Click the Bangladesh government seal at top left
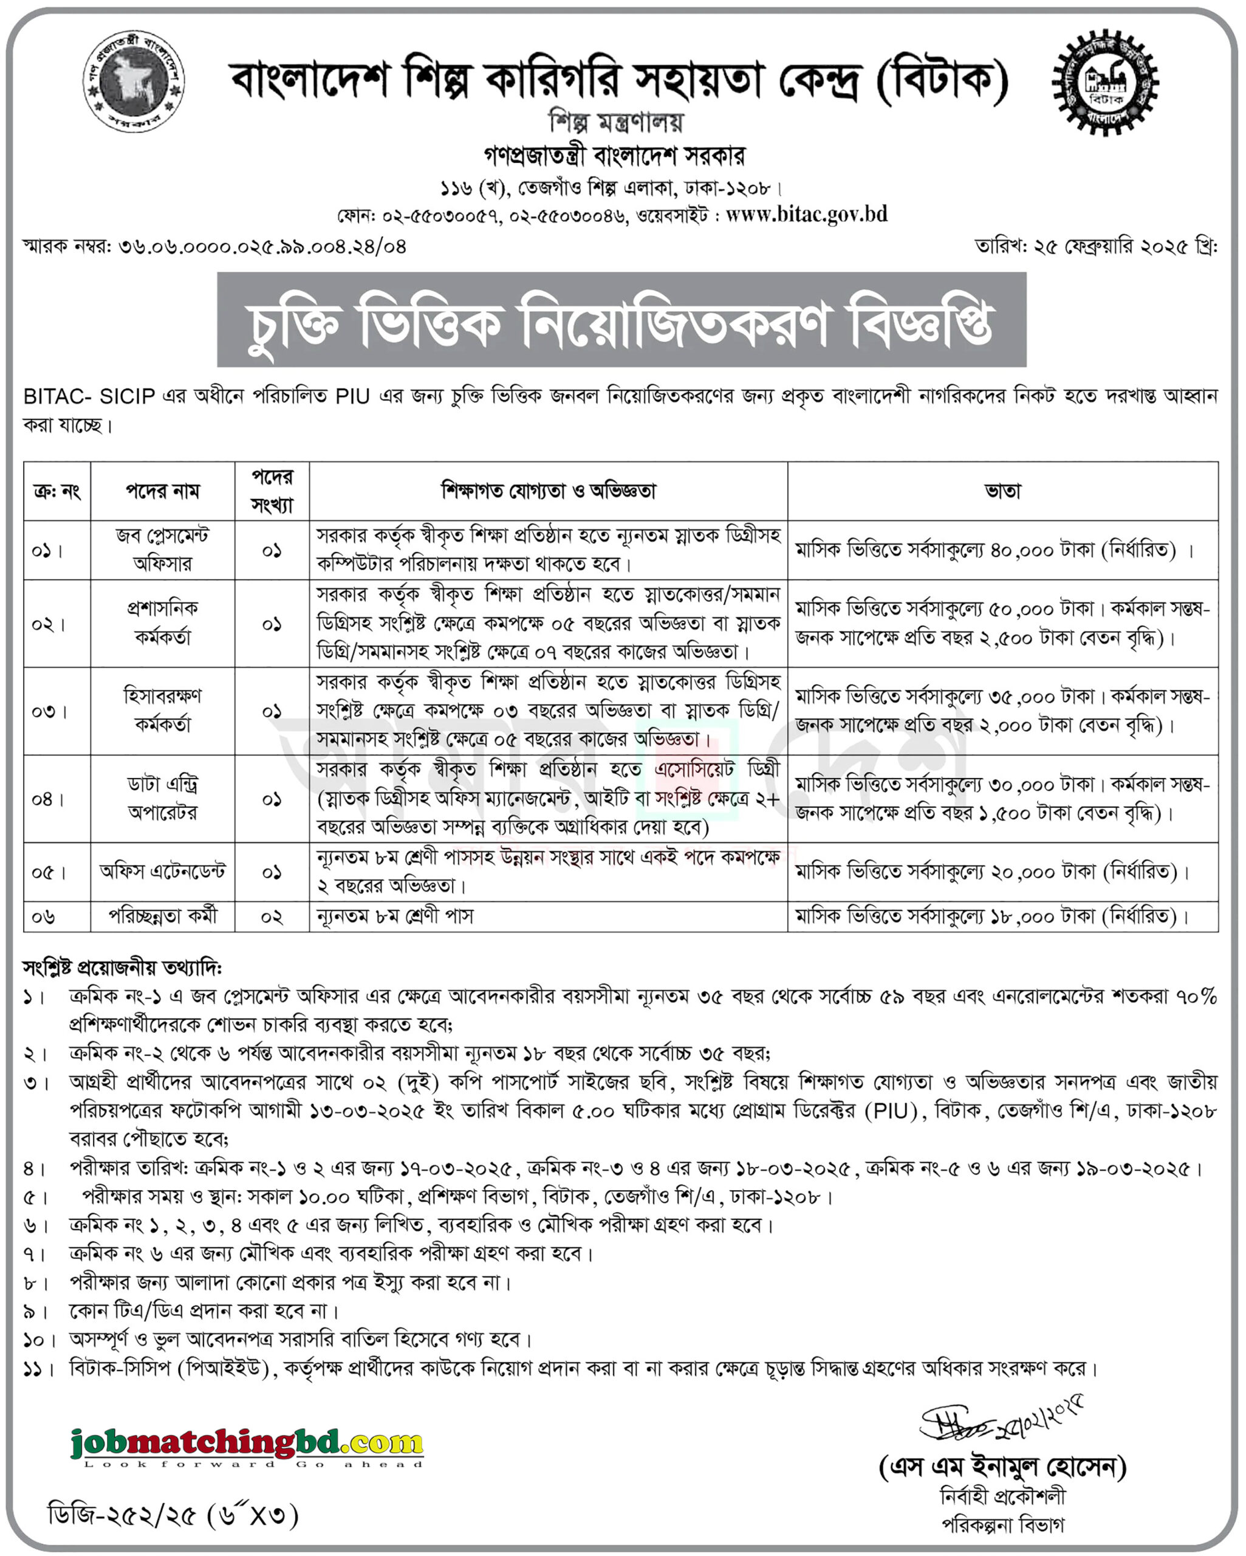[134, 81]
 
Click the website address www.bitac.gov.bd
[806, 215]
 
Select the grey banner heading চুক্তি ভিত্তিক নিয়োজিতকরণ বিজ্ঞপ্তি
[621, 320]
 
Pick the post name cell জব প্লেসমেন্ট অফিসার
[162, 550]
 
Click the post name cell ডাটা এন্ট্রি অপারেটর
[162, 798]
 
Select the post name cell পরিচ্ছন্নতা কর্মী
[162, 916]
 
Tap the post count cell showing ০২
[272, 917]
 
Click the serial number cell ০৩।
[49, 711]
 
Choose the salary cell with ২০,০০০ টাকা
[992, 872]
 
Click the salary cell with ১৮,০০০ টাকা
[992, 917]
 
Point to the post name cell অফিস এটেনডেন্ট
[162, 872]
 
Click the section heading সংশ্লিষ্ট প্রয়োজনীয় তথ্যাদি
[123, 967]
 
